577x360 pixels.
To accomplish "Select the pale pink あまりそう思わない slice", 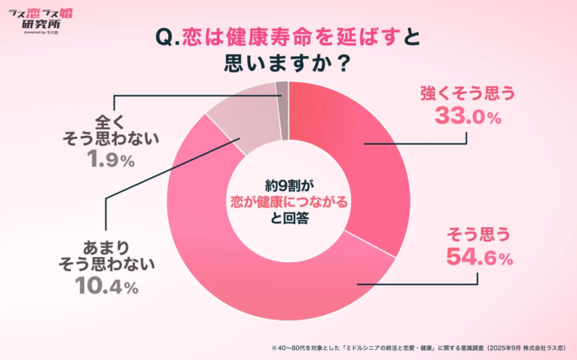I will (239, 115).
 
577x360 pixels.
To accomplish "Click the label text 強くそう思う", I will (467, 92).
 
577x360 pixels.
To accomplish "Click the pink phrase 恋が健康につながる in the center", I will (288, 201).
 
